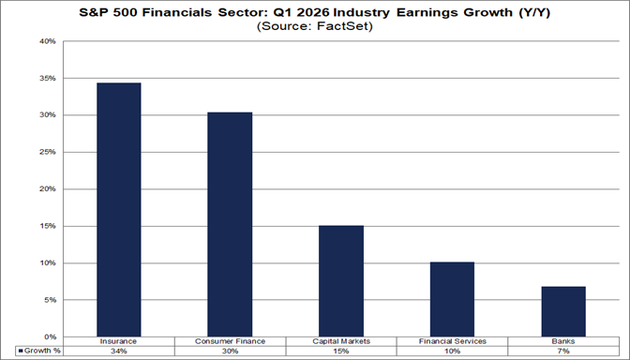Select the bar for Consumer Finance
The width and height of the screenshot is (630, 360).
(230, 225)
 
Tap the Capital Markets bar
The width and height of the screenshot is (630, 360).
(341, 281)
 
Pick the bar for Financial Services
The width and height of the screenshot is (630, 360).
(452, 299)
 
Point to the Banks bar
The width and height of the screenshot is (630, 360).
(563, 311)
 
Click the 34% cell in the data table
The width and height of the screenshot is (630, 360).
(119, 352)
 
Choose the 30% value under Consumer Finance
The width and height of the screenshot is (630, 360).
(230, 352)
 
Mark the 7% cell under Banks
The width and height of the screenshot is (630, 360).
(563, 352)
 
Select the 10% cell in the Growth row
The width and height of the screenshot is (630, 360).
(452, 352)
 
